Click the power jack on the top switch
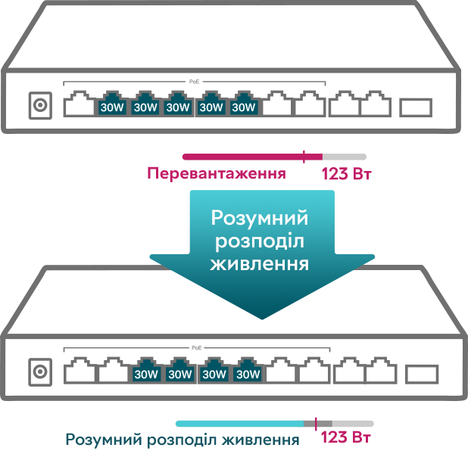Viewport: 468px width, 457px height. (40, 105)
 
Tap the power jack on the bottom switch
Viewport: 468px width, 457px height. (40, 372)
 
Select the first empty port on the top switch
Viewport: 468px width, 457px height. (79, 104)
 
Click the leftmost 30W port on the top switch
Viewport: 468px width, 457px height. (112, 104)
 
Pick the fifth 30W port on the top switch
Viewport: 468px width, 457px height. (244, 104)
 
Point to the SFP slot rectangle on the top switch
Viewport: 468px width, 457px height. (416, 107)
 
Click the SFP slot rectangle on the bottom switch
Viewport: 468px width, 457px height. (422, 374)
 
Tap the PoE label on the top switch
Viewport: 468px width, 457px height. (195, 82)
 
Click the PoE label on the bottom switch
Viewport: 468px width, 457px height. (197, 348)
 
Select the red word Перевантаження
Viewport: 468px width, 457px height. (217, 173)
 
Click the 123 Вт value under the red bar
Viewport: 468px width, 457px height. (346, 173)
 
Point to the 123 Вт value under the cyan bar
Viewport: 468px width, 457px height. (345, 437)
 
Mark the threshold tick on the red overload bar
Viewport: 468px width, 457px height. (304, 157)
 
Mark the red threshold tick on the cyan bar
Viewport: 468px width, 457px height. (316, 424)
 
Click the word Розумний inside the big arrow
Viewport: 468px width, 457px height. (260, 219)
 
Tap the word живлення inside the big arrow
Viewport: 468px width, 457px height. (260, 264)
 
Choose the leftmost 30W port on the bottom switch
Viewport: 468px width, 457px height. (146, 371)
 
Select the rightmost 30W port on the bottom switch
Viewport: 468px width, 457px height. (248, 371)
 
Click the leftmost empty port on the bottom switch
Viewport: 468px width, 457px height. (80, 370)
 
